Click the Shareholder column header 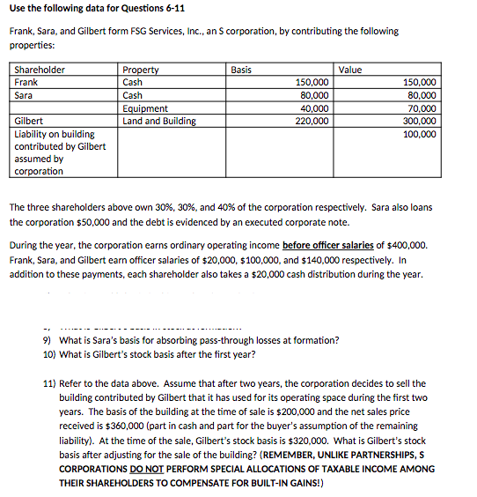(40, 70)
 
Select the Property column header (141, 70)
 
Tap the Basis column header (241, 70)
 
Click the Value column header (351, 70)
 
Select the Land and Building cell (159, 121)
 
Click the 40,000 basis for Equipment (313, 108)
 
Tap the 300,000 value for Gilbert (419, 121)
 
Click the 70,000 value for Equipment (422, 108)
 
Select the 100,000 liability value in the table (419, 134)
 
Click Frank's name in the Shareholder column (27, 82)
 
